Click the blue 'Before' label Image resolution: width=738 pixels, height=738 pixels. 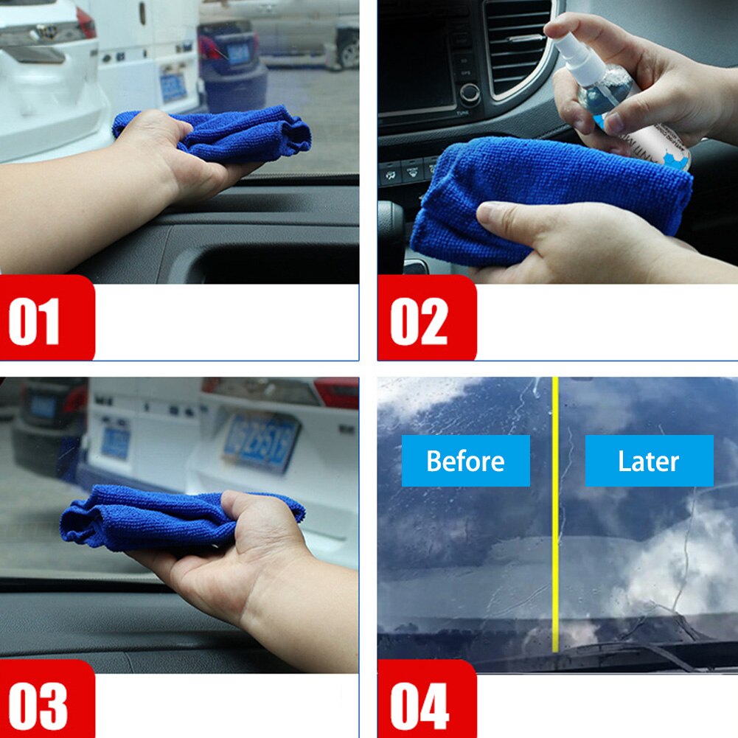[x=465, y=461]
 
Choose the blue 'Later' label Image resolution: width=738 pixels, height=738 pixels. [x=649, y=461]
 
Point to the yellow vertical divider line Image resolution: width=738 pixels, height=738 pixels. [x=555, y=516]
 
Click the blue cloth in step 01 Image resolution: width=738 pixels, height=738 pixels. [x=221, y=133]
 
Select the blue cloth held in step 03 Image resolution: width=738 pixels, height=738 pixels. [x=147, y=520]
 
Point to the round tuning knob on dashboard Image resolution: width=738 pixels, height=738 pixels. [x=469, y=94]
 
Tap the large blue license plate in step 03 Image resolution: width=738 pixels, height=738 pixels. [x=261, y=441]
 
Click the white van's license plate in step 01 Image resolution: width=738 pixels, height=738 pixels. [x=173, y=87]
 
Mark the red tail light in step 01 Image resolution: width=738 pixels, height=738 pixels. [x=86, y=22]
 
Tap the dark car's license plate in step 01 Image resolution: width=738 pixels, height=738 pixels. [x=238, y=53]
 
